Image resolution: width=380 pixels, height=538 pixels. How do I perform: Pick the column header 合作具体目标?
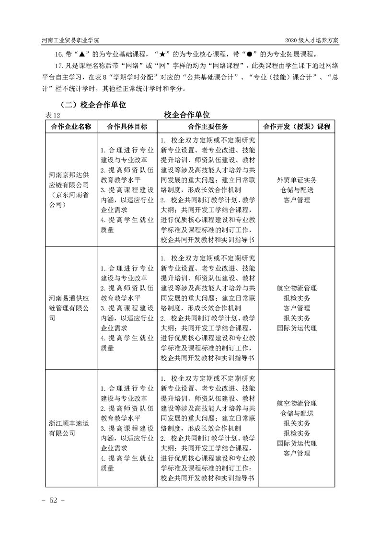click(x=127, y=127)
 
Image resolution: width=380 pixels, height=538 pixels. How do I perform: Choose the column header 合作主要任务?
click(x=208, y=127)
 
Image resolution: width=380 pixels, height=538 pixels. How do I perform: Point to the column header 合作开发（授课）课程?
click(x=297, y=127)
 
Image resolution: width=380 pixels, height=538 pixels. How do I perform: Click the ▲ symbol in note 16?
click(x=81, y=54)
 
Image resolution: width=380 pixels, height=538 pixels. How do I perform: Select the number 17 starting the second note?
click(x=60, y=67)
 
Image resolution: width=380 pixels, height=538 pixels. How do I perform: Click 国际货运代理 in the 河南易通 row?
click(x=297, y=328)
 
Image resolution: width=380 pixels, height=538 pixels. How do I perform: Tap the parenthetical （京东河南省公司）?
click(x=69, y=200)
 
